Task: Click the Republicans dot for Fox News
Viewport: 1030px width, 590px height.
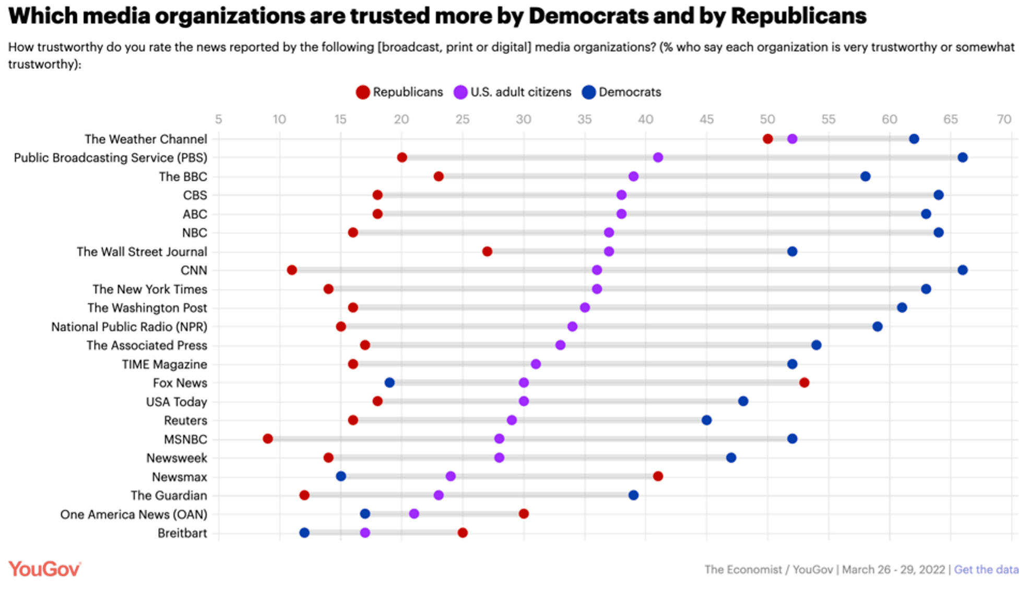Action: pyautogui.click(x=804, y=383)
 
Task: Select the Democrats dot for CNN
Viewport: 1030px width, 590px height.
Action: pyautogui.click(x=963, y=270)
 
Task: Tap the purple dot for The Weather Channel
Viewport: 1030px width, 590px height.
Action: pyautogui.click(x=792, y=139)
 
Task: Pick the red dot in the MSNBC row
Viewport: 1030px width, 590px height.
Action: pyautogui.click(x=268, y=439)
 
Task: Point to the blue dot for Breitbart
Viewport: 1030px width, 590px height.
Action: pyautogui.click(x=304, y=533)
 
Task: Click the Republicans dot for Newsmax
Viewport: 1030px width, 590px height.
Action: pyautogui.click(x=658, y=476)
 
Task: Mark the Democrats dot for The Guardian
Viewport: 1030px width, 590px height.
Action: pyautogui.click(x=633, y=495)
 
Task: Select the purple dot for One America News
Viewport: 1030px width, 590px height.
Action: pyautogui.click(x=414, y=514)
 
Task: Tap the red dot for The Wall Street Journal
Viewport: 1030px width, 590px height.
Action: pyautogui.click(x=487, y=252)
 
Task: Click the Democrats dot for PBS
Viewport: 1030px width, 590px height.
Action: pyautogui.click(x=963, y=158)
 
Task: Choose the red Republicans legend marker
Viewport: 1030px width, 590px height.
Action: pyautogui.click(x=363, y=92)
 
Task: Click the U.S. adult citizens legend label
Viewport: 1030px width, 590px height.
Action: pyautogui.click(x=521, y=92)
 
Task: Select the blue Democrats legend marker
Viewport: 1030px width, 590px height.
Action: pyautogui.click(x=589, y=92)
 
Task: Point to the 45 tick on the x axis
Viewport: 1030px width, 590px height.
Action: pyautogui.click(x=706, y=120)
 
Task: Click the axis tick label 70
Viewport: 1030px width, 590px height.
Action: pyautogui.click(x=1004, y=120)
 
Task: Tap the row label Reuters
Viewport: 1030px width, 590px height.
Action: pyautogui.click(x=185, y=420)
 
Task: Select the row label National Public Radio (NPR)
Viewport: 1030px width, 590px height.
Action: pyautogui.click(x=129, y=327)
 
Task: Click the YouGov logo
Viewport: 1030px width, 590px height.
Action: pyautogui.click(x=45, y=569)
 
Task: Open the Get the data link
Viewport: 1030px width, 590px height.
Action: pyautogui.click(x=986, y=570)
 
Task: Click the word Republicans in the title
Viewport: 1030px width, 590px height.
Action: pyautogui.click(x=799, y=16)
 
